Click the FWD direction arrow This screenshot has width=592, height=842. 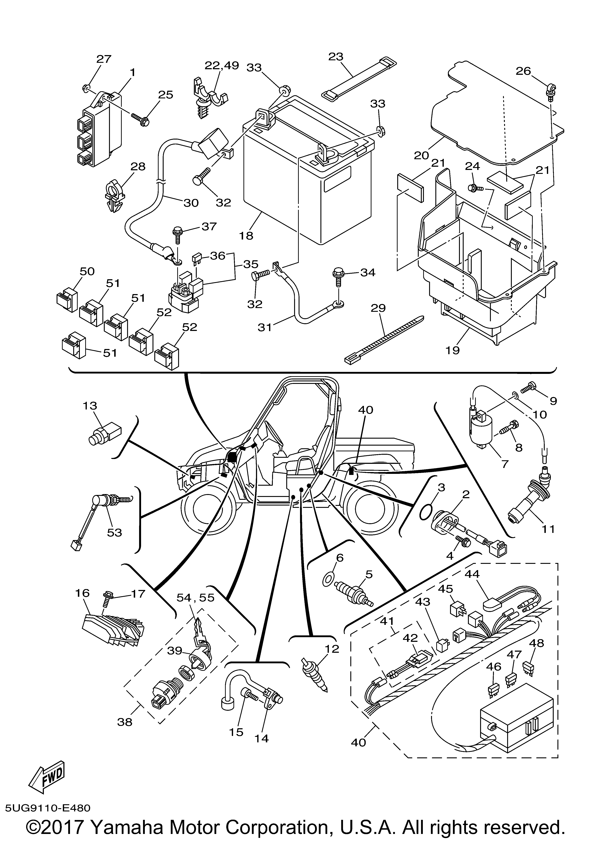click(x=48, y=746)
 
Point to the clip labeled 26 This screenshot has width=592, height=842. click(x=551, y=92)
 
